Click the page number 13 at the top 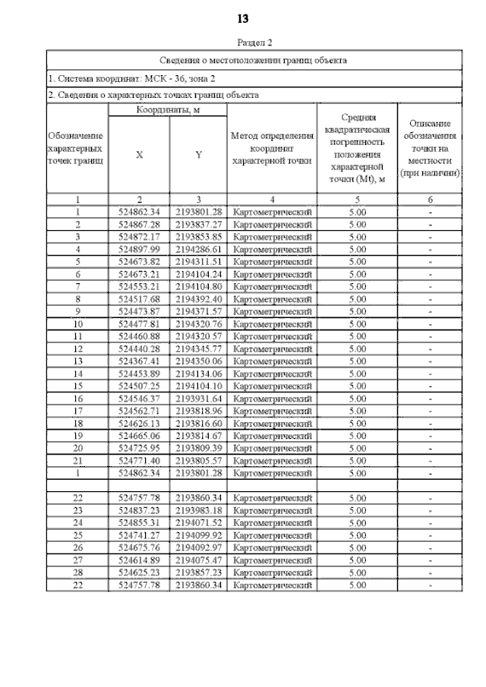243,18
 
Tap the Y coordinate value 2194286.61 198,249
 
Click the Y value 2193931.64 198,398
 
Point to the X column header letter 139,155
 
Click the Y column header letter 198,155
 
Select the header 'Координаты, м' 168,111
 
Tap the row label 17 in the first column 77,410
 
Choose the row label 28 77,572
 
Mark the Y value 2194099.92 198,535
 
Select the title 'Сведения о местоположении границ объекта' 254,59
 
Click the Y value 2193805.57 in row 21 198,460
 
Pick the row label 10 77,323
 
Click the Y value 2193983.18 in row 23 198,510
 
